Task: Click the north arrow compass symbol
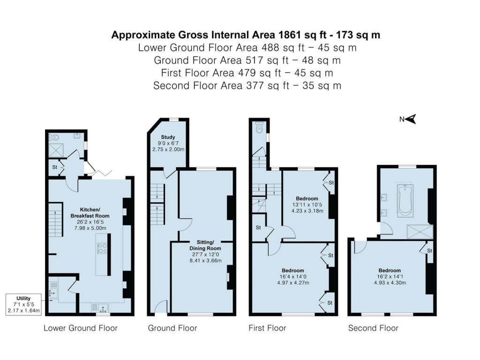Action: (411, 119)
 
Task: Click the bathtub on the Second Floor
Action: (404, 200)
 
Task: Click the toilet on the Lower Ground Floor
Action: (55, 137)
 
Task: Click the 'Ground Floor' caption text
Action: (172, 328)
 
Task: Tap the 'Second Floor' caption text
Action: (373, 328)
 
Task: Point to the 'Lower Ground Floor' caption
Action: (81, 328)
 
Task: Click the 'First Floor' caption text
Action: (267, 328)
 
